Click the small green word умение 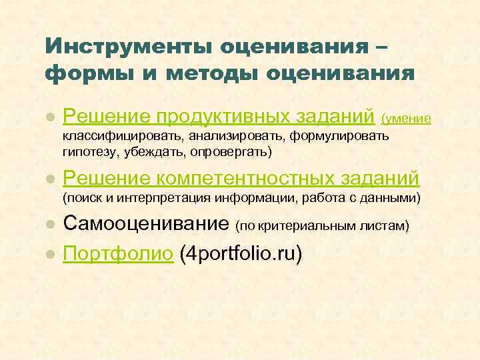[x=409, y=119]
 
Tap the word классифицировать [x=122, y=137]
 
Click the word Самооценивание [x=147, y=225]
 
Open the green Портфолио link [x=119, y=254]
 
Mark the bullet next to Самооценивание [x=49, y=226]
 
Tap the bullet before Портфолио [x=49, y=255]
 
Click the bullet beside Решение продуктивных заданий [x=49, y=118]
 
